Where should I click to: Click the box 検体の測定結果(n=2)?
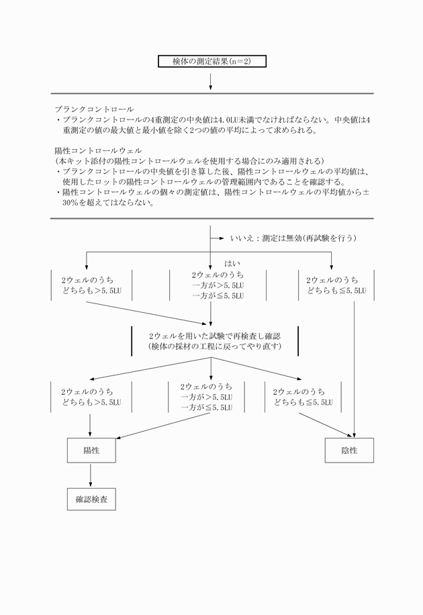[211, 61]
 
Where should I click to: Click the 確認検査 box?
[91, 501]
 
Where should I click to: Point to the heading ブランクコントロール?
[94, 109]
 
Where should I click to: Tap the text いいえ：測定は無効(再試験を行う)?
[292, 238]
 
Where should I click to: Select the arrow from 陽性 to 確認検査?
[91, 476]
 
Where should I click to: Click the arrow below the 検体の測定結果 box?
[211, 81]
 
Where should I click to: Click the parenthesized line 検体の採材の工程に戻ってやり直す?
[214, 346]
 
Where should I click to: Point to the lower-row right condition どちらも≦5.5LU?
[303, 402]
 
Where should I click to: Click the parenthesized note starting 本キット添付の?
[188, 162]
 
